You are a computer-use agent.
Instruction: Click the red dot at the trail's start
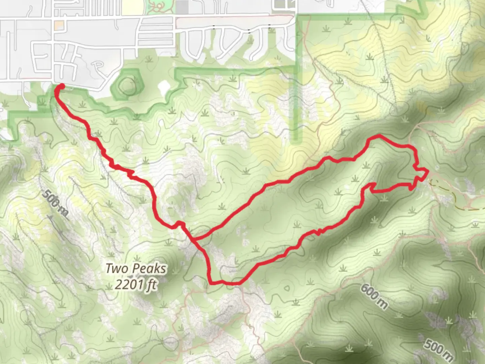62,86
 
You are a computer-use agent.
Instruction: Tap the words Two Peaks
136,269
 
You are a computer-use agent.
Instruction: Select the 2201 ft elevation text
136,284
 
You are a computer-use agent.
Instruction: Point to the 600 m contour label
374,296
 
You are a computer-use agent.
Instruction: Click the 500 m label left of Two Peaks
56,203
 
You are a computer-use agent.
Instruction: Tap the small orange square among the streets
59,26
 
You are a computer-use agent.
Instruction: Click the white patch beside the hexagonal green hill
164,87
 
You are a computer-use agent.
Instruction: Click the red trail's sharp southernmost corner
211,282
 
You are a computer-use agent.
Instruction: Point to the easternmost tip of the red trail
428,172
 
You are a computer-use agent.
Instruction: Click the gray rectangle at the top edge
182,7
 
